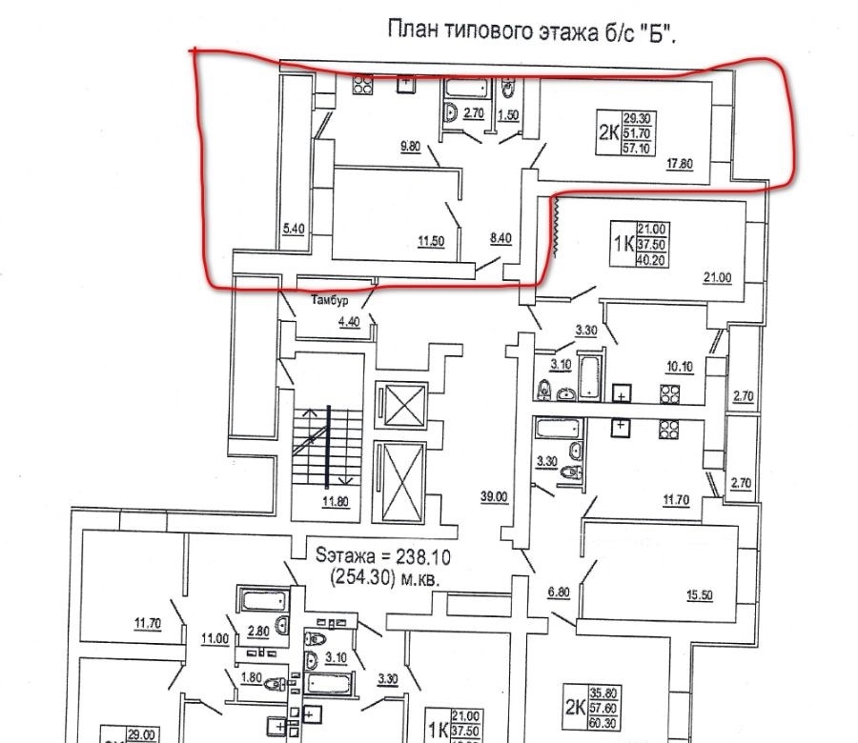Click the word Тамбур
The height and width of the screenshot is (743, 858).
[330, 300]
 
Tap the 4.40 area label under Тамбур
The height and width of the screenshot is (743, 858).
[349, 321]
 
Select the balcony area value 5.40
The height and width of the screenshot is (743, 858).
[294, 228]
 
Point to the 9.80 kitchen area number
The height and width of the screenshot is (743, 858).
[410, 147]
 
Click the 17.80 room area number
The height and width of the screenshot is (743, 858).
[680, 163]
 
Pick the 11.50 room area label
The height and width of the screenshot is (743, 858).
[431, 241]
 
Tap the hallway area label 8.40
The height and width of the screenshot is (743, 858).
[500, 238]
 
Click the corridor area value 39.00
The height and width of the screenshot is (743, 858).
[494, 497]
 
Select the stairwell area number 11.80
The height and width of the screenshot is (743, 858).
[336, 501]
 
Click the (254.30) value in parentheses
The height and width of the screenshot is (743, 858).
[363, 577]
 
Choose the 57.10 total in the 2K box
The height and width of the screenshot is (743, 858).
[637, 148]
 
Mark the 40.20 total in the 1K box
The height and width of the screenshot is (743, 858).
[650, 260]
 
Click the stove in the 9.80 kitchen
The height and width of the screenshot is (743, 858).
[363, 85]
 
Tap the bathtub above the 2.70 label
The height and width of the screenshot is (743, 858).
[467, 88]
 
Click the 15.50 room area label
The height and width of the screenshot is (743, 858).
[700, 594]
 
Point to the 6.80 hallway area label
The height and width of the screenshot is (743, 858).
[559, 592]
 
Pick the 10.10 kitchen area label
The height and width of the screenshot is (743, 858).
[680, 367]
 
